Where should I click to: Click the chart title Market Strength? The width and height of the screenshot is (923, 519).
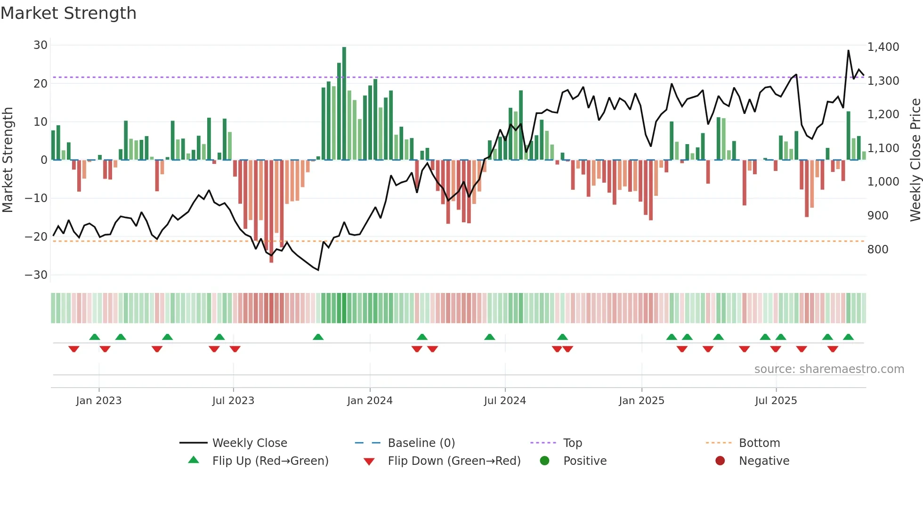point(68,13)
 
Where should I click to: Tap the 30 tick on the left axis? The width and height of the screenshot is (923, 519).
point(40,45)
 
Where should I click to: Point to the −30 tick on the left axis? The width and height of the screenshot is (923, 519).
point(36,275)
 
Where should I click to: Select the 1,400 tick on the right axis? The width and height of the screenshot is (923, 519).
point(883,47)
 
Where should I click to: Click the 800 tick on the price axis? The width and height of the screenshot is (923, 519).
point(877,250)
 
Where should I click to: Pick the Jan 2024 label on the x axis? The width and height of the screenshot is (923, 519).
point(370,401)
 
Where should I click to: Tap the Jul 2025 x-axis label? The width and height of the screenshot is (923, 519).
point(776,401)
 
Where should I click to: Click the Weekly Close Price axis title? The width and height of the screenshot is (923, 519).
point(915,160)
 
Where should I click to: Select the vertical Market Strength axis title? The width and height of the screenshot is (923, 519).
point(8,160)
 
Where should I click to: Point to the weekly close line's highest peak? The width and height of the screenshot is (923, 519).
point(849,51)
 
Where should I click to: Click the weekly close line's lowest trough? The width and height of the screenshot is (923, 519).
point(318,270)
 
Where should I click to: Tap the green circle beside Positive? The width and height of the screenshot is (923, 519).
point(545,461)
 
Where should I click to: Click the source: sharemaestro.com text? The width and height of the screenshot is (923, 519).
point(829,369)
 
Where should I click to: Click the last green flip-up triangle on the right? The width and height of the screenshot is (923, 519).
point(848,337)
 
